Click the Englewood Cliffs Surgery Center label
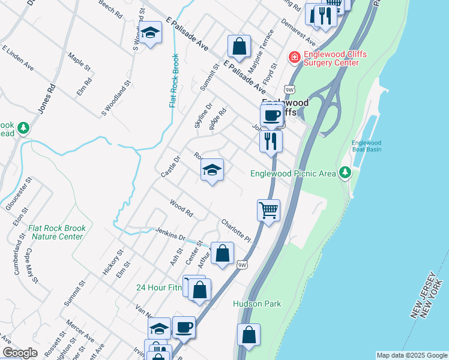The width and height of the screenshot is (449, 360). click(x=334, y=58)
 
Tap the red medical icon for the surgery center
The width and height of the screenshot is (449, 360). click(x=294, y=58)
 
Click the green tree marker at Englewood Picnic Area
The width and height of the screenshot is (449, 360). click(x=345, y=173)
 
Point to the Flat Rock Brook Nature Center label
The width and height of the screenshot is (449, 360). click(x=57, y=232)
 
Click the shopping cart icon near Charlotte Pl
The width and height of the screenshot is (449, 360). click(x=268, y=211)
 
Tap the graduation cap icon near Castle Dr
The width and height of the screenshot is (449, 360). click(x=212, y=170)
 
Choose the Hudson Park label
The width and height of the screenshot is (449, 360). click(x=257, y=304)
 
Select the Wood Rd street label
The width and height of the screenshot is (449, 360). click(x=181, y=208)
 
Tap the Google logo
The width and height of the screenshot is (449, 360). click(x=20, y=353)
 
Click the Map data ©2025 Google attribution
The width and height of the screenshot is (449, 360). click(x=412, y=355)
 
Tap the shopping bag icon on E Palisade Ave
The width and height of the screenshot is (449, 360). click(x=239, y=46)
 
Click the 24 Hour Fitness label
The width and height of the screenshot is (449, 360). click(x=158, y=288)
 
